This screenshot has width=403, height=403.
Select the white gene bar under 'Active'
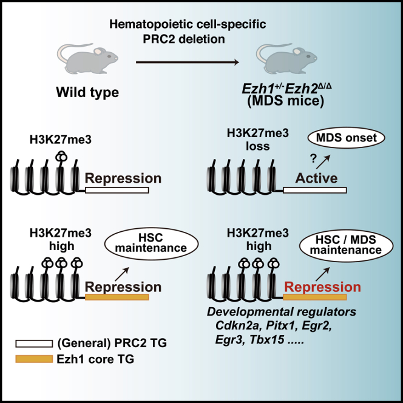[x=315, y=191]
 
